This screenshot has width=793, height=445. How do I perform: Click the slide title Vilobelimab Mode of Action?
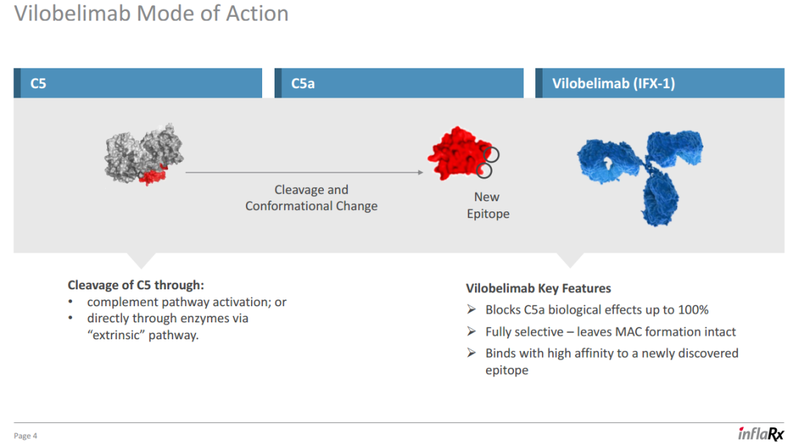pos(151,14)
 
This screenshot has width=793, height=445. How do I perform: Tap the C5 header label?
pos(38,84)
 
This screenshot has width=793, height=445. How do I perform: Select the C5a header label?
pos(303,84)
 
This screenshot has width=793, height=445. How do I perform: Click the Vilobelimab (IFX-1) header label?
pos(613,84)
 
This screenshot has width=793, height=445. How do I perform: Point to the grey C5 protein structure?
pos(144,153)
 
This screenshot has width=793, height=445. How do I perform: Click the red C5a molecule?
pos(459,153)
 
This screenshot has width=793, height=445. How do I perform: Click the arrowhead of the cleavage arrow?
pos(421,173)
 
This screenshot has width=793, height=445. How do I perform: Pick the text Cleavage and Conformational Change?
pos(311,198)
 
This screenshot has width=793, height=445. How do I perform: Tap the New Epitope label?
pos(488,206)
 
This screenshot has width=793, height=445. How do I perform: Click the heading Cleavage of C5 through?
pos(136,285)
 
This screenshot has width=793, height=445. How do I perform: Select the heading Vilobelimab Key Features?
pos(538,289)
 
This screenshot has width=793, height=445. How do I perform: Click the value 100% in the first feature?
pos(693,309)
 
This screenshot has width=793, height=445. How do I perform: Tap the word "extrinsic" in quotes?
pos(116,335)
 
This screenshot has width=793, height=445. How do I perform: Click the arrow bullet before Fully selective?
pos(471,332)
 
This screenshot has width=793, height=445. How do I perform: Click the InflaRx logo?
pos(760,433)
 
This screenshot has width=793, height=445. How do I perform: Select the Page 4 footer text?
pos(25,436)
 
